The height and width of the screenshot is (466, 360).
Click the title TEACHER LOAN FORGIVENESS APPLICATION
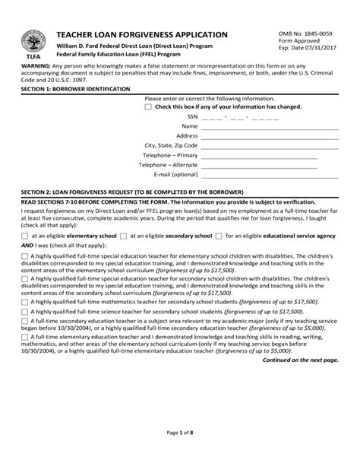coord(141,35)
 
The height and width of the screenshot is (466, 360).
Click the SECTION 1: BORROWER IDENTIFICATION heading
coord(76,89)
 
